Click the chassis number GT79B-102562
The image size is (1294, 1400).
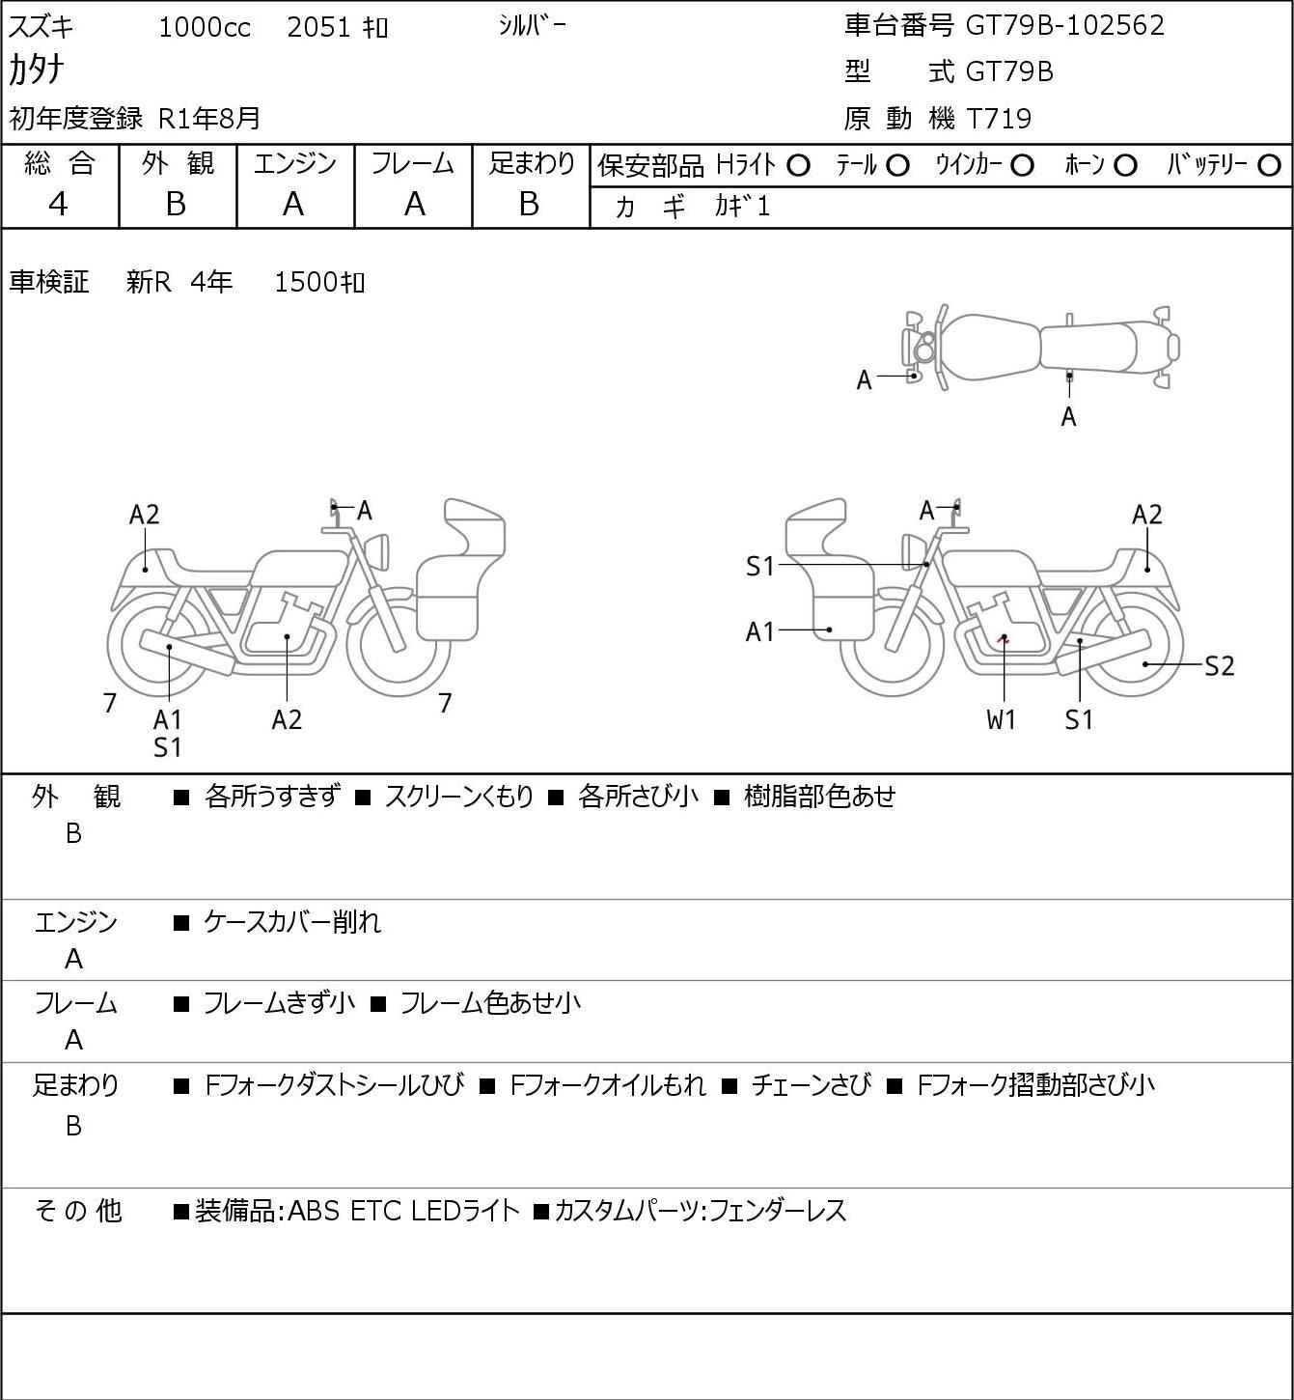point(1064,25)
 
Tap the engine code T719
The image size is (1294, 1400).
point(1000,119)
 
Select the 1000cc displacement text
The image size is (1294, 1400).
point(205,27)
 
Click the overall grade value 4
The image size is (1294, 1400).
point(58,205)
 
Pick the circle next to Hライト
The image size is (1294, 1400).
point(798,166)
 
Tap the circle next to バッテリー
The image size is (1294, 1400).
point(1269,166)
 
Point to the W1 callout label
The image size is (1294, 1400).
point(1001,719)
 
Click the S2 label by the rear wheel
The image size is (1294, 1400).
point(1220,666)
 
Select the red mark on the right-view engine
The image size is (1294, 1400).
point(1005,639)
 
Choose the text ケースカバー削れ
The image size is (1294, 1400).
point(292,922)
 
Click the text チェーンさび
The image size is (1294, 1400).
point(812,1085)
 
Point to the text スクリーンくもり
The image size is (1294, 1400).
point(458,797)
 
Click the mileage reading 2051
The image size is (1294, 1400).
point(318,27)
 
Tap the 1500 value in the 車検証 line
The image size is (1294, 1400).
point(305,283)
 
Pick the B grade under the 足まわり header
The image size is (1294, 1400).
point(529,205)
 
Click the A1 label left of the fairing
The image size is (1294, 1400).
point(759,631)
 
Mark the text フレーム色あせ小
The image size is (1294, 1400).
point(490,1003)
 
